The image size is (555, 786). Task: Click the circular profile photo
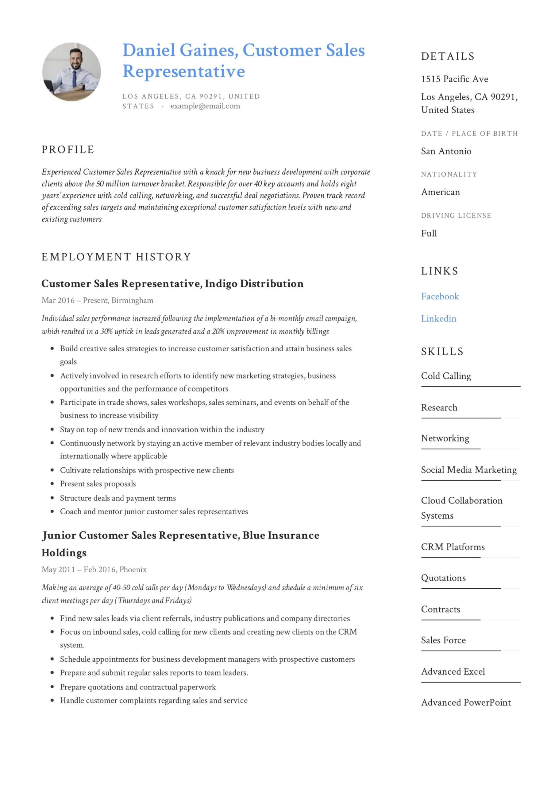click(71, 72)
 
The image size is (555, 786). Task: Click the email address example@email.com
click(205, 106)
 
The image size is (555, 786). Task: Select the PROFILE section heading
click(68, 150)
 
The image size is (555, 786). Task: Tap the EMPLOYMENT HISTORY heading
click(116, 257)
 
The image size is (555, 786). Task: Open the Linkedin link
click(438, 318)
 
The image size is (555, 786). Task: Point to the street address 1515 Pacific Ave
click(454, 79)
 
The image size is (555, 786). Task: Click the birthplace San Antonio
click(446, 151)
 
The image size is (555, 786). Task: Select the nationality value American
click(440, 192)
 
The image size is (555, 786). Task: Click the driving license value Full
click(429, 233)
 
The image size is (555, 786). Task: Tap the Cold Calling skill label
click(446, 376)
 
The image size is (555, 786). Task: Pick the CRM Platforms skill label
click(453, 547)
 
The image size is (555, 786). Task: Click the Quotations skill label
click(443, 578)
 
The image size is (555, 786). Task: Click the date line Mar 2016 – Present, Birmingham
click(98, 301)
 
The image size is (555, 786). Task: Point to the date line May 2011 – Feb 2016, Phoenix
click(94, 570)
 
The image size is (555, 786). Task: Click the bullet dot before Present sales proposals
click(52, 484)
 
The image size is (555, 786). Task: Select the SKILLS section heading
click(442, 352)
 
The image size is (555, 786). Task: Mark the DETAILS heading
click(448, 56)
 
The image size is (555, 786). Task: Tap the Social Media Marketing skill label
click(469, 470)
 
